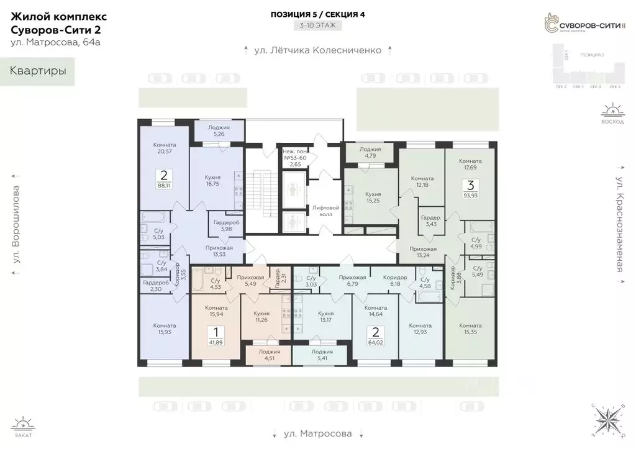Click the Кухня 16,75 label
click(x=213, y=180)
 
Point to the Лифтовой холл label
click(x=326, y=211)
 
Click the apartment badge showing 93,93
click(x=470, y=188)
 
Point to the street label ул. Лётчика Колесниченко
click(x=317, y=50)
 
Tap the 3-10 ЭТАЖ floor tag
click(x=317, y=26)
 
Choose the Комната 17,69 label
click(x=470, y=164)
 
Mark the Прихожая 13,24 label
click(x=422, y=252)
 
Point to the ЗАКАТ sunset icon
click(x=23, y=427)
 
